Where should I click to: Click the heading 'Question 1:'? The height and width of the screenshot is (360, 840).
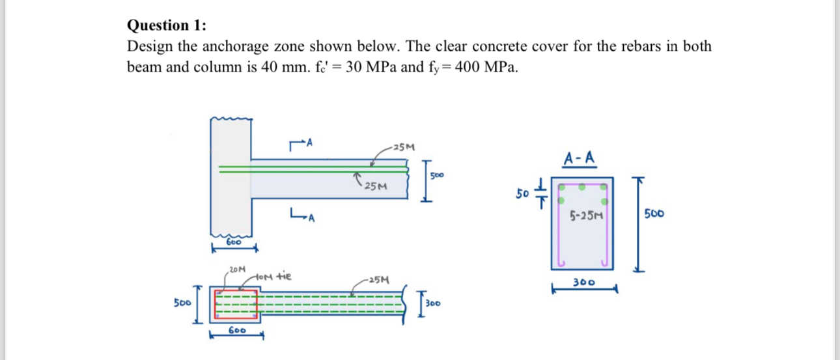coord(167,25)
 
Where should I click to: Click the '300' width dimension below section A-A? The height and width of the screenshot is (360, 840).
coord(584,283)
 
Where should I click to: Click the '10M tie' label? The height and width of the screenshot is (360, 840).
coord(273,276)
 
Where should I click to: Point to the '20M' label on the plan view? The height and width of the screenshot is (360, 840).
coord(238,268)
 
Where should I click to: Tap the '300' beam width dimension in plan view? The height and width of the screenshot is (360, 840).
coord(434,303)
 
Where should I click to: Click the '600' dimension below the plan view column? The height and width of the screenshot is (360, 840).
coord(236,330)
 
